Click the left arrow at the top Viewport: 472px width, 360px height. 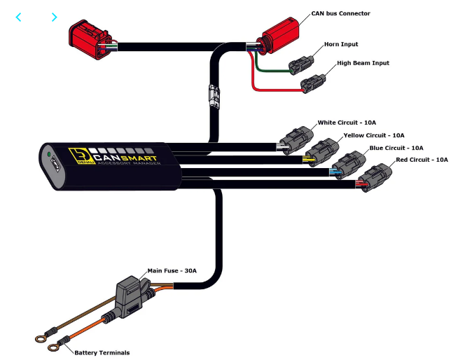tap(18, 18)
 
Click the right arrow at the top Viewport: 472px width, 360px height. tap(54, 18)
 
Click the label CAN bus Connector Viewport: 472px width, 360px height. tap(340, 13)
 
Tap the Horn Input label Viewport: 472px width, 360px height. tap(341, 44)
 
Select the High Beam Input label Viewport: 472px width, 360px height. tap(363, 63)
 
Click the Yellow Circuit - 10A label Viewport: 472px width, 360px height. tap(373, 134)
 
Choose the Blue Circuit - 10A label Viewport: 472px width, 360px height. tap(396, 148)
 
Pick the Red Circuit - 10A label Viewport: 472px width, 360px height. tap(422, 160)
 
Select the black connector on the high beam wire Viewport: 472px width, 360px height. tap(312, 85)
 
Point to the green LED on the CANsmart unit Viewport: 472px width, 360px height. tap(48, 153)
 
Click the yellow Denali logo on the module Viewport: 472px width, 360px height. tap(76, 155)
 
